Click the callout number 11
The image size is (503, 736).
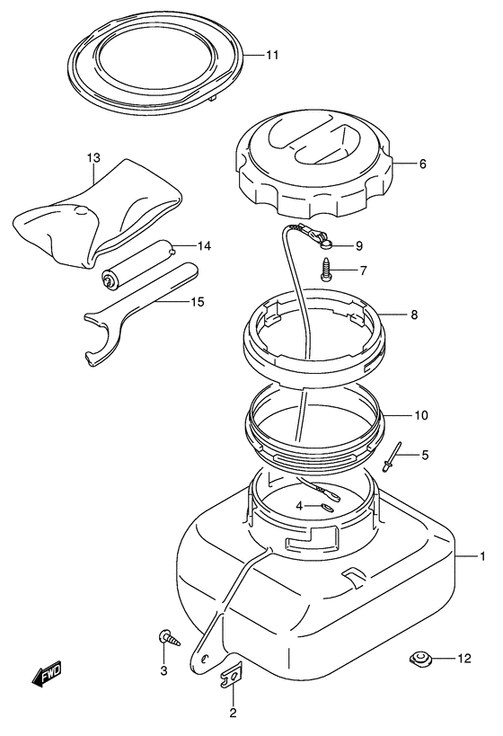pyautogui.click(x=272, y=56)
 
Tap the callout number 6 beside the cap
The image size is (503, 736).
pyautogui.click(x=423, y=164)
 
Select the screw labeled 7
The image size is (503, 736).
pyautogui.click(x=327, y=270)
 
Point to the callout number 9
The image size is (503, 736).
pyautogui.click(x=359, y=245)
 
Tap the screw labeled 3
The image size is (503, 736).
pyautogui.click(x=170, y=638)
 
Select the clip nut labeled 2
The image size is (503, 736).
pyautogui.click(x=230, y=675)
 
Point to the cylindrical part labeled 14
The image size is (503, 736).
pyautogui.click(x=137, y=267)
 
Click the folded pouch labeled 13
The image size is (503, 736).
pyautogui.click(x=98, y=217)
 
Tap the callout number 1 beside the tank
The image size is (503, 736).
pyautogui.click(x=481, y=556)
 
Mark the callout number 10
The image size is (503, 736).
pyautogui.click(x=421, y=415)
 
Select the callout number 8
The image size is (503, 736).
pyautogui.click(x=414, y=314)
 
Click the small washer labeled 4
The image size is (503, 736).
pyautogui.click(x=327, y=508)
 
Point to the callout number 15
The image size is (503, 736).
pyautogui.click(x=199, y=302)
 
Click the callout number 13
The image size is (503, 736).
pyautogui.click(x=93, y=158)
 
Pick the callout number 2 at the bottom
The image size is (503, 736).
pyautogui.click(x=234, y=714)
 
